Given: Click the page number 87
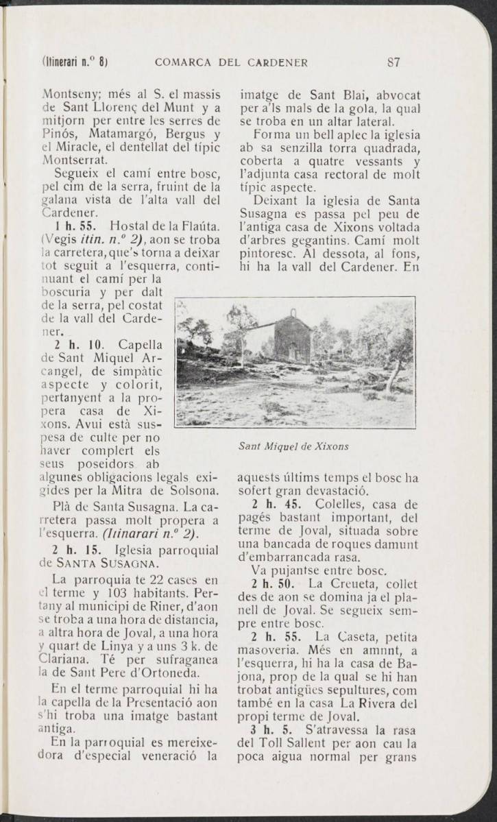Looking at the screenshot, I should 393,64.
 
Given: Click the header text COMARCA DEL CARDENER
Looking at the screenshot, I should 232,64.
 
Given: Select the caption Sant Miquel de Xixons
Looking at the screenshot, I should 293,446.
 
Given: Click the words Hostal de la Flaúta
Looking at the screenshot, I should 166,226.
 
